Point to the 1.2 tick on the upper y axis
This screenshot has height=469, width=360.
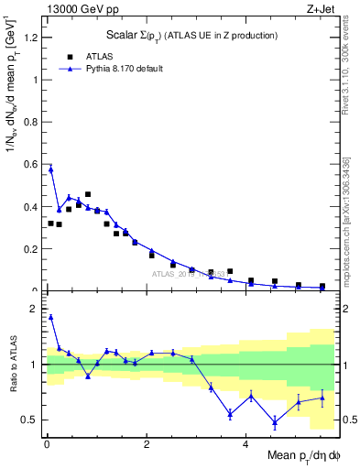pos(27,38)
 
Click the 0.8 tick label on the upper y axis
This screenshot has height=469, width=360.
pos(27,122)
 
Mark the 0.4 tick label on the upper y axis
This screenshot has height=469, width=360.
pos(27,207)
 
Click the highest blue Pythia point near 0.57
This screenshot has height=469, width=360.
pos(50,169)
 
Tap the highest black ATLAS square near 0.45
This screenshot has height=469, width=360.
pos(88,194)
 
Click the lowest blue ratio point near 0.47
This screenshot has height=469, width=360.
pos(275,422)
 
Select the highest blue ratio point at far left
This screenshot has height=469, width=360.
pos(50,317)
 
